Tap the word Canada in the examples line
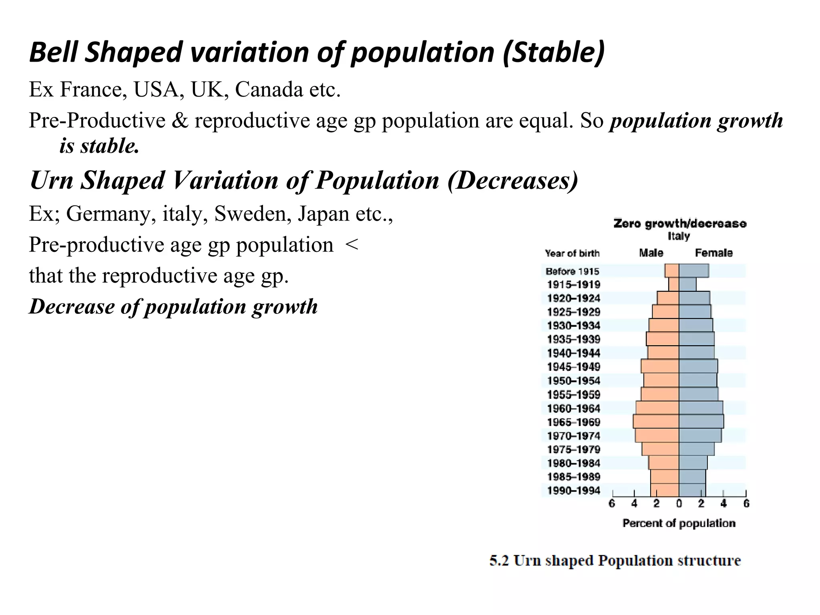click(269, 89)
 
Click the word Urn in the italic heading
click(51, 181)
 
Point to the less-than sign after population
click(351, 245)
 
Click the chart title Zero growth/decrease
click(679, 224)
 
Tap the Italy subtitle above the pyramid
click(679, 236)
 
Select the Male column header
click(651, 253)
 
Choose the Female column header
click(713, 253)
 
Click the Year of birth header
click(572, 253)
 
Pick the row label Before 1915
click(572, 271)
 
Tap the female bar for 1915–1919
click(687, 285)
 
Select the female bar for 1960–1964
click(701, 408)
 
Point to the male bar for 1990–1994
click(665, 490)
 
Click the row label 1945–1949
click(573, 367)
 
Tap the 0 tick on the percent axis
click(679, 504)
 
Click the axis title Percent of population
click(679, 523)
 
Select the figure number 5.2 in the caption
click(498, 561)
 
